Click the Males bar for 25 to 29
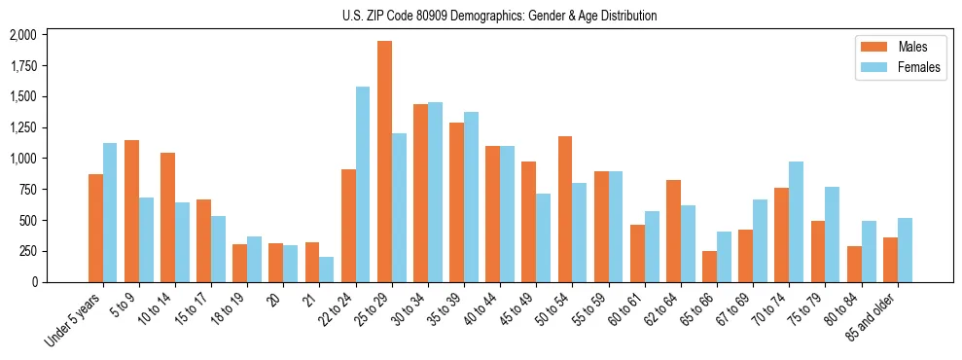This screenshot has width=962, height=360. [x=385, y=162]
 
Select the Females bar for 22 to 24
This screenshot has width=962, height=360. [x=363, y=184]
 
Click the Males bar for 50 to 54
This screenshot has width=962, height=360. [x=565, y=209]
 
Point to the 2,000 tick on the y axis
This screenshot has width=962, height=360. [x=22, y=35]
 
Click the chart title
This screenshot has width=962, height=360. [x=499, y=16]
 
